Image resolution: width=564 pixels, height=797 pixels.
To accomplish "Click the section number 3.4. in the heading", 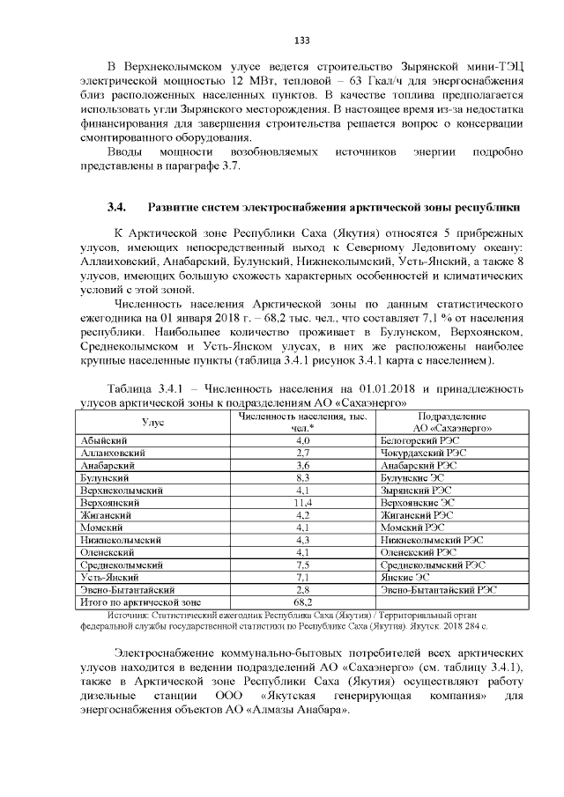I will tap(117, 208).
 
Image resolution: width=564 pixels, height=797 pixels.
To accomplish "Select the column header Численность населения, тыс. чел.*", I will tap(303, 422).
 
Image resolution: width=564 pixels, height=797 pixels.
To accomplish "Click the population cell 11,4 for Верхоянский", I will tap(303, 501).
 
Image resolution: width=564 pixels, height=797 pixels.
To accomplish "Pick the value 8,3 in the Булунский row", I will tap(303, 476).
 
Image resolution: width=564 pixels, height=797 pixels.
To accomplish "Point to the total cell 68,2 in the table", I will tap(303, 601).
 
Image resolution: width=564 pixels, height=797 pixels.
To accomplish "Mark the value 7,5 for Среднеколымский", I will tap(303, 564).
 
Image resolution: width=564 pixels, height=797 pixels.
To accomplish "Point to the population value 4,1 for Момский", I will tap(303, 527).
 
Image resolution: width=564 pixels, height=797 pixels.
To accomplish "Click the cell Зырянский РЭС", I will tap(412, 489).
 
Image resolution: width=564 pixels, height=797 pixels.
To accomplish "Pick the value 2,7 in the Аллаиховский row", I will tap(303, 452).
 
